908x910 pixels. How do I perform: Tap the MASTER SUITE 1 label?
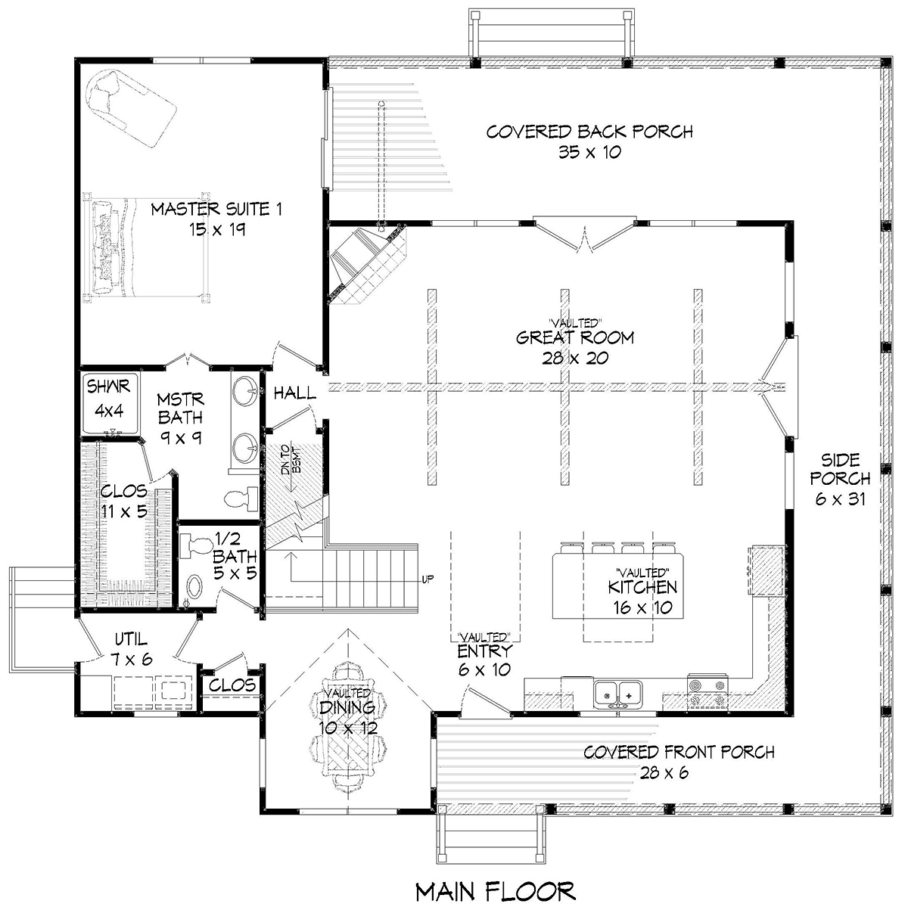click(216, 209)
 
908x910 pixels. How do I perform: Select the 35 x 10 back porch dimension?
click(589, 152)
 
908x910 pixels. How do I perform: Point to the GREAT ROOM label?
click(575, 337)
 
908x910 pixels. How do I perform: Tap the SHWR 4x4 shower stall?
click(110, 403)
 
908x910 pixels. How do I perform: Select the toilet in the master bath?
click(241, 498)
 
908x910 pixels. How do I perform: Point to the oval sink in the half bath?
click(195, 587)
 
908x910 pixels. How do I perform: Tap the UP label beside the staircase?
click(428, 579)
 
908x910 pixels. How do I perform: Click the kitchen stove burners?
click(707, 693)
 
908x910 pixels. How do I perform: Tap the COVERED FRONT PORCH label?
click(679, 752)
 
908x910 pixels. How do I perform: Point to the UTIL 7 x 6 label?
click(132, 649)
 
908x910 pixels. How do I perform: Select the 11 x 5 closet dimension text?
click(124, 511)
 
